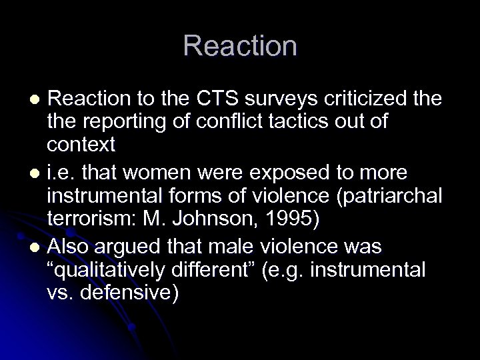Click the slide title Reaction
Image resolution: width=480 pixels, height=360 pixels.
(240, 46)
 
